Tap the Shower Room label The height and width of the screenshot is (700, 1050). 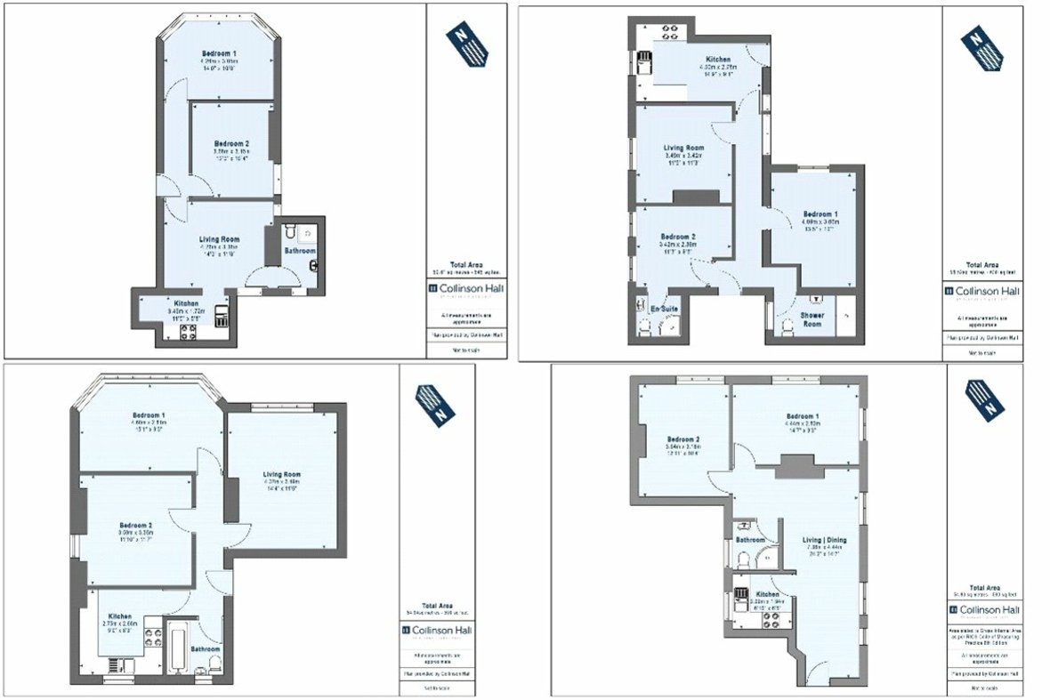(x=811, y=319)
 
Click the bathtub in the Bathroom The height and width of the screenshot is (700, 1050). (x=176, y=652)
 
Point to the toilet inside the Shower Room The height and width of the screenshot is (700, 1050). (x=787, y=328)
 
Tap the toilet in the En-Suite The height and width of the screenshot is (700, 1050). (x=643, y=328)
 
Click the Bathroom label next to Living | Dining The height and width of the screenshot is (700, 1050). (x=750, y=540)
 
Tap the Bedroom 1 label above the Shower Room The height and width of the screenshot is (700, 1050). (x=818, y=214)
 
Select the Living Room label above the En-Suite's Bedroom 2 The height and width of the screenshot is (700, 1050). (x=683, y=149)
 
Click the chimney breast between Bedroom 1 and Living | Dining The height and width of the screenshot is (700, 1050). (x=795, y=463)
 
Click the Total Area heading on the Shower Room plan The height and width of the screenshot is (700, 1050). (x=982, y=265)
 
